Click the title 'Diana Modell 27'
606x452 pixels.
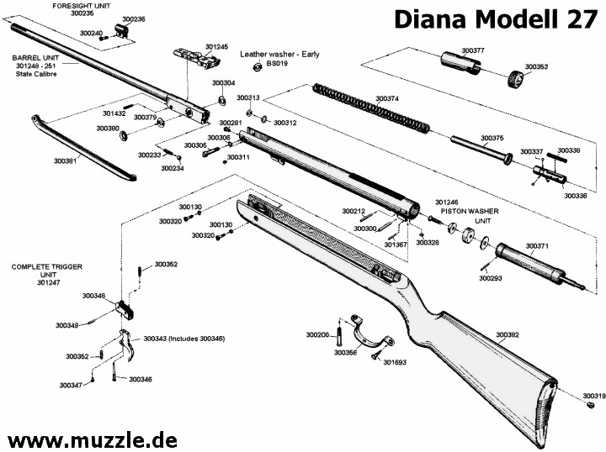[x=496, y=19]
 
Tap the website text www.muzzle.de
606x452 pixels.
[x=93, y=439]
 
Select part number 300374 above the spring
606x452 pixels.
[x=387, y=99]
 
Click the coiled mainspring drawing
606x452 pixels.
[x=371, y=108]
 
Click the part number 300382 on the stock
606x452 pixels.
[x=508, y=334]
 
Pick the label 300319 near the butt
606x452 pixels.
[x=594, y=396]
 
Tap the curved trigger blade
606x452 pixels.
[x=128, y=344]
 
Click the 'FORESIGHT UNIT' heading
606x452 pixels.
[x=81, y=6]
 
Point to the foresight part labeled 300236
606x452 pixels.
[x=121, y=31]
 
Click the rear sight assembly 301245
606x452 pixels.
[x=197, y=59]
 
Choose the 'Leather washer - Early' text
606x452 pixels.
[x=279, y=55]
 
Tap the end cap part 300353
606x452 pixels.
[x=515, y=80]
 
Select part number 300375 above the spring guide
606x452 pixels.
[x=492, y=138]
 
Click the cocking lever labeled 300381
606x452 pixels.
[x=83, y=149]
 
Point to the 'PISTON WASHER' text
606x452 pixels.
[x=470, y=212]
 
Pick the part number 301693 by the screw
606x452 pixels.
[x=395, y=362]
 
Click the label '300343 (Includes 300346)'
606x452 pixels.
[x=184, y=339]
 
